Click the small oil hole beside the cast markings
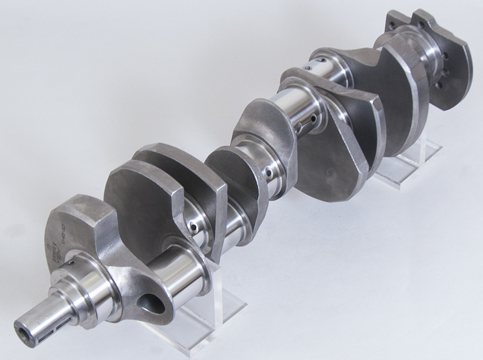point(70,263)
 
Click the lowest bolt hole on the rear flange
point(438,85)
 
